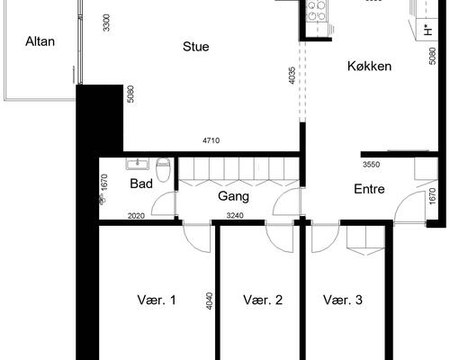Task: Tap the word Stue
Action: click(x=195, y=47)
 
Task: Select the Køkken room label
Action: click(x=369, y=66)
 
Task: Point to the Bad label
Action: click(x=140, y=184)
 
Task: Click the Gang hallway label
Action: click(x=233, y=195)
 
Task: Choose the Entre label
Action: click(x=369, y=189)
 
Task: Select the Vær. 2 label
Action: click(x=263, y=301)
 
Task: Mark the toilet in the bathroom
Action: click(x=164, y=168)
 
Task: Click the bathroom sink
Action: click(x=138, y=165)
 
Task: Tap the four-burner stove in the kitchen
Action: click(x=317, y=10)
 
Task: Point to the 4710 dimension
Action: click(x=211, y=141)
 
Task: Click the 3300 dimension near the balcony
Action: click(x=107, y=23)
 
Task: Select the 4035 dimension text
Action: click(x=292, y=76)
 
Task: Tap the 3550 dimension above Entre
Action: click(x=370, y=165)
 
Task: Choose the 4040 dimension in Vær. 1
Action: click(x=210, y=300)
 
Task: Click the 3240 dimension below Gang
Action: click(x=234, y=216)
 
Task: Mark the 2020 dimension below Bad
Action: click(x=136, y=216)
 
